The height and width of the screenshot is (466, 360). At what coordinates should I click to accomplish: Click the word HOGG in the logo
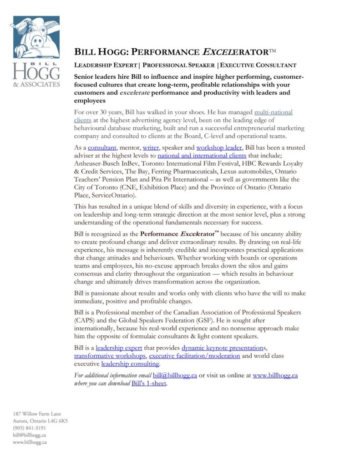click(36, 71)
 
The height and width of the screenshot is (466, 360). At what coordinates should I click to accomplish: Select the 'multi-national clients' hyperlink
click(273, 112)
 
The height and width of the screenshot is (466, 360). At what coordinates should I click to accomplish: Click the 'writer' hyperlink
click(151, 148)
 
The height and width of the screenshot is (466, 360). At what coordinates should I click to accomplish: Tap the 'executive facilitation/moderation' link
click(194, 356)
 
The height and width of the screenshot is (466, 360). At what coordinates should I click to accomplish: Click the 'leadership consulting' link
click(130, 364)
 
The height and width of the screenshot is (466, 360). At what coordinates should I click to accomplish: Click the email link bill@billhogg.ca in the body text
click(175, 375)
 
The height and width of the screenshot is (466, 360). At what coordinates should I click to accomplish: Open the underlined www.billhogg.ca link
click(275, 375)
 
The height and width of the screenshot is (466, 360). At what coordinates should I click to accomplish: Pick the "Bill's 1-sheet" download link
click(149, 384)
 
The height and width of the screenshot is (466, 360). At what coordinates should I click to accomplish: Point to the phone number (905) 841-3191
click(29, 428)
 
